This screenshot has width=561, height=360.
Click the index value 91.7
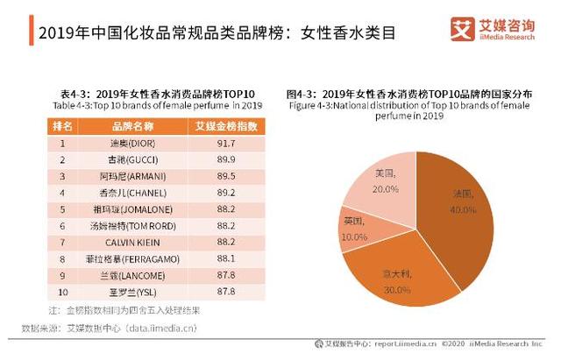[225, 143]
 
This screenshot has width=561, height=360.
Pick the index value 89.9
[225, 159]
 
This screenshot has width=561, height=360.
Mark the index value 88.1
[225, 259]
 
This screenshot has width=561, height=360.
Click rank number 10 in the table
[63, 293]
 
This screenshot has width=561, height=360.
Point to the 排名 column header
[63, 126]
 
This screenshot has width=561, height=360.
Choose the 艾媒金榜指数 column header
[225, 126]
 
